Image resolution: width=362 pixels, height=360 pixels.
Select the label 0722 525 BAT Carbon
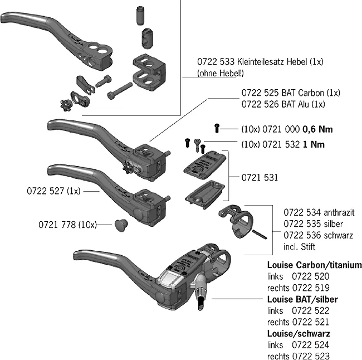(290, 93)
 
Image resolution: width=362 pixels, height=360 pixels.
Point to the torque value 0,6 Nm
(317, 129)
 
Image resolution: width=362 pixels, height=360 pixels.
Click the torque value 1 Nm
(313, 144)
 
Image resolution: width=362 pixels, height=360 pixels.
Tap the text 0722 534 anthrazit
(319, 212)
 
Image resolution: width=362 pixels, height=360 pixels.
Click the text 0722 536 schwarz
(318, 235)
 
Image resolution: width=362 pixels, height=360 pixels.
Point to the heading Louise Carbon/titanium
(314, 265)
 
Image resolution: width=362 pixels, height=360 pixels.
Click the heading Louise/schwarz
(299, 333)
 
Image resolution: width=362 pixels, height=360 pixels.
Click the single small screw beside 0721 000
(216, 129)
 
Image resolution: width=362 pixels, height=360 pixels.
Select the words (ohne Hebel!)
(221, 73)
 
